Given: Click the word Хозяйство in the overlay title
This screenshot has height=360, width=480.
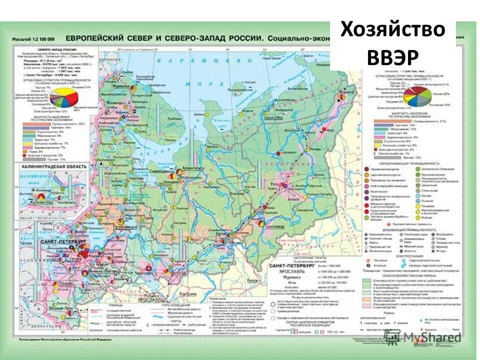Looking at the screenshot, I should click(392, 29).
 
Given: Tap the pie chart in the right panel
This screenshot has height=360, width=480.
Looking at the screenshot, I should click(417, 96).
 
